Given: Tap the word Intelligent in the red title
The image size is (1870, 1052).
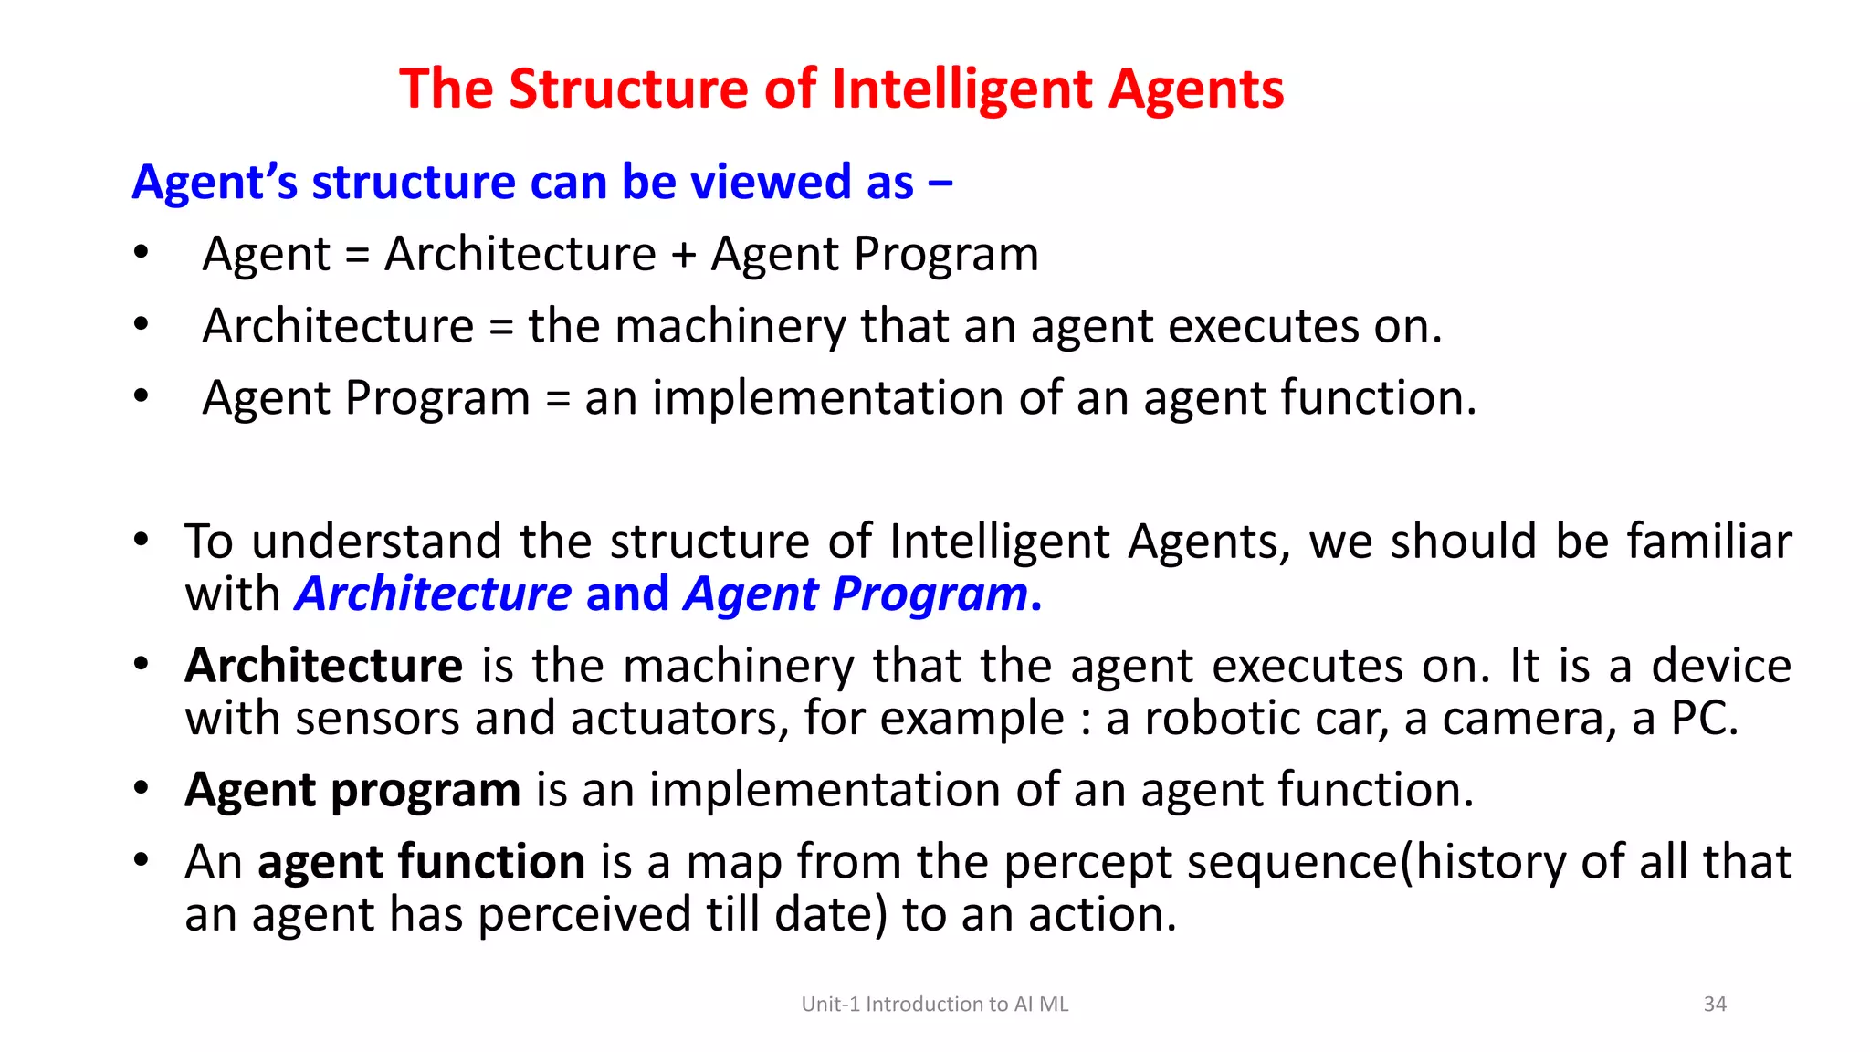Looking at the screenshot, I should click(x=962, y=89).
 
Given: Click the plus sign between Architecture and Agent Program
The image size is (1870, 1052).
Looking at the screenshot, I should click(x=683, y=255).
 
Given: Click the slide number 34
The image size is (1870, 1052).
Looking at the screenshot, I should click(x=1715, y=1005).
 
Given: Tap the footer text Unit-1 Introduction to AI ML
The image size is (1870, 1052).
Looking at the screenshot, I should click(x=935, y=1005).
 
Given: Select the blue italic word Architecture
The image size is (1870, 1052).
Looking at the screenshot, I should click(x=434, y=594).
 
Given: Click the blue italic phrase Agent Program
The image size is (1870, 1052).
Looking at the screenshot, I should click(x=856, y=594).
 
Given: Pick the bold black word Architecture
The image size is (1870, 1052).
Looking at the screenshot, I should click(x=324, y=666).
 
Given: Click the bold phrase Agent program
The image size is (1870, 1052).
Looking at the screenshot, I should click(x=352, y=790).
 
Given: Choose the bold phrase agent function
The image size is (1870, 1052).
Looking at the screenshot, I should click(x=421, y=862).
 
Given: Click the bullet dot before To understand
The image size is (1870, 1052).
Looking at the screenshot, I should click(x=141, y=540).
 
